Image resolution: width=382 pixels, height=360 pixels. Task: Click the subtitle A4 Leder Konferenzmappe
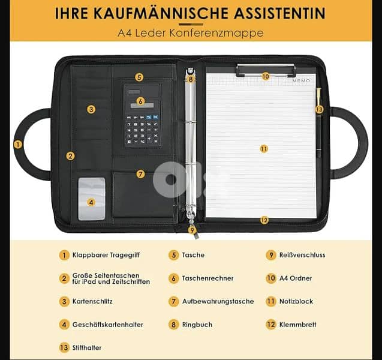click(191, 33)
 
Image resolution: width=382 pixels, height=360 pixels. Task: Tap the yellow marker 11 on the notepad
click(264, 149)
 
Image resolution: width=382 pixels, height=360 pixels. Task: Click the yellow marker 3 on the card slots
click(91, 109)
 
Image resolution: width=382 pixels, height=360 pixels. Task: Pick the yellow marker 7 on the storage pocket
click(140, 175)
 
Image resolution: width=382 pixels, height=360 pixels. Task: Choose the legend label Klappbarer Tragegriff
click(106, 255)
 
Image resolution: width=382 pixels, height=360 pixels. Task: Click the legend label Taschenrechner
click(207, 278)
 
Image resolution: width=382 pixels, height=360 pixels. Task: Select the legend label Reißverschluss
click(302, 255)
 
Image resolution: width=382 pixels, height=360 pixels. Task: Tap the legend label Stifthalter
click(87, 348)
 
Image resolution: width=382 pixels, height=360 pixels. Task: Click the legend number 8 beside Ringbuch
click(173, 325)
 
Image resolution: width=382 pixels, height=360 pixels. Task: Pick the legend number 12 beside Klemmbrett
click(270, 325)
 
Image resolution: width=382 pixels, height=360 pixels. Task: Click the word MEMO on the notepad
click(302, 80)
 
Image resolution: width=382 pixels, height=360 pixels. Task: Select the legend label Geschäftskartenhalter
click(108, 325)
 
